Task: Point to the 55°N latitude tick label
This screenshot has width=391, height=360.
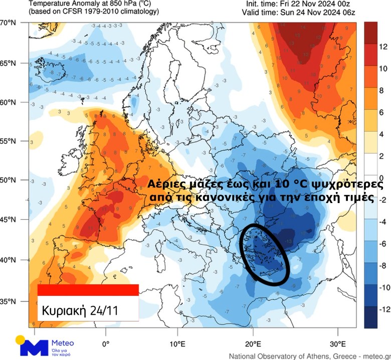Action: tap(9, 142)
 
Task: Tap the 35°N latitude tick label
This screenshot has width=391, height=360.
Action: tap(9, 301)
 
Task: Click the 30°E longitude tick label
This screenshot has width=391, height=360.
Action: tap(337, 344)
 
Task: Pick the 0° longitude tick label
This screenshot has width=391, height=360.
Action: tap(106, 344)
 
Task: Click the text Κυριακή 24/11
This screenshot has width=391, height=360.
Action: tap(80, 309)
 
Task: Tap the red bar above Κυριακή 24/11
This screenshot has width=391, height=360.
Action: tap(88, 290)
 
